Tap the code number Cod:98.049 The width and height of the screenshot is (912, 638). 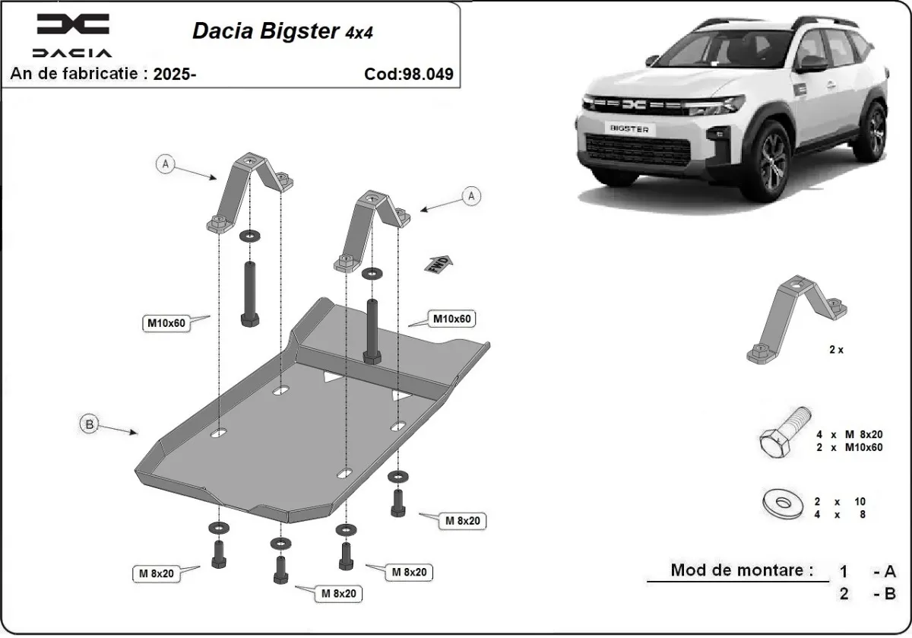(409, 75)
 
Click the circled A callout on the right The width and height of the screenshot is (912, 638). (471, 196)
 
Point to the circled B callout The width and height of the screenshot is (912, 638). (89, 424)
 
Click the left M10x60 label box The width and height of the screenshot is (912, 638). (165, 323)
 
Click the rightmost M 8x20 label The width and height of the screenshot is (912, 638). (461, 521)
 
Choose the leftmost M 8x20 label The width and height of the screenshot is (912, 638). (157, 573)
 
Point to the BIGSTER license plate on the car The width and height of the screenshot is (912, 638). (629, 129)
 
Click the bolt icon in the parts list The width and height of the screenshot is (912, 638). (782, 431)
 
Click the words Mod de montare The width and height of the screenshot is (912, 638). (741, 570)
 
